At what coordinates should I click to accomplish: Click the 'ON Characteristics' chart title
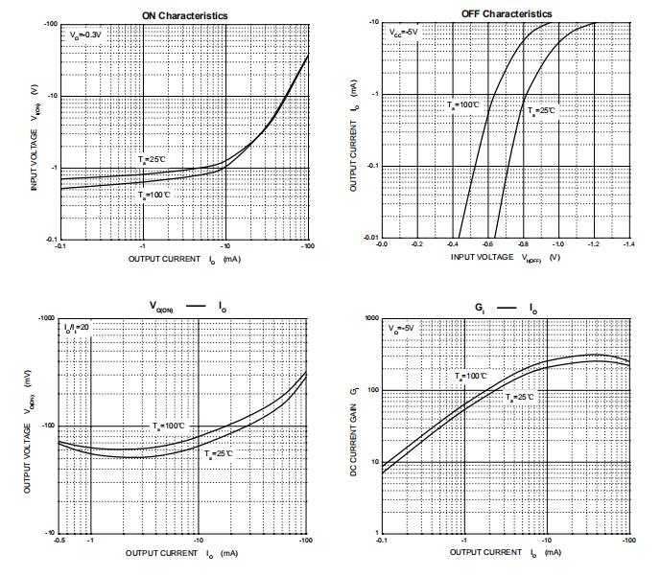click(x=184, y=15)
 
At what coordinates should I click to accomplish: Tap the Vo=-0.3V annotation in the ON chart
click(x=85, y=35)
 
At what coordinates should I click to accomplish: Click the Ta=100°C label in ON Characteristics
click(x=155, y=195)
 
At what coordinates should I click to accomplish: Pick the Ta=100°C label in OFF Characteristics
click(x=462, y=105)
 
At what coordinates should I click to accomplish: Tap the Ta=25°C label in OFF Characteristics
click(x=541, y=111)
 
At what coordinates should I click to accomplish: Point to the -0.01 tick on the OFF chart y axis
click(x=370, y=236)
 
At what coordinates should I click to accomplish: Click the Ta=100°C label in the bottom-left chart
click(x=170, y=425)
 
